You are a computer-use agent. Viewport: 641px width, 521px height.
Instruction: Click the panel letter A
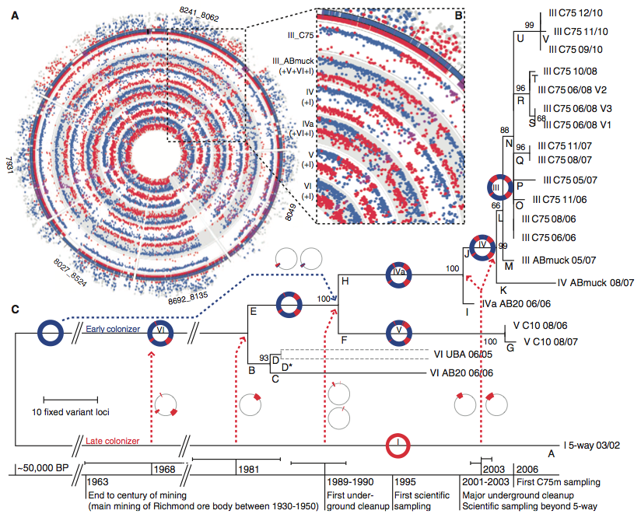click(15, 16)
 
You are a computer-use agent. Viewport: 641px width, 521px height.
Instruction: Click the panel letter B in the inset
click(459, 16)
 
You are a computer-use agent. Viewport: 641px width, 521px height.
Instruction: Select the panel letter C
click(15, 309)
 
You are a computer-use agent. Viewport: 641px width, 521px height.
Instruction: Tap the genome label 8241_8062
click(199, 14)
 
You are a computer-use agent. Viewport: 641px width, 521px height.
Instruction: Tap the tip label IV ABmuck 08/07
click(596, 282)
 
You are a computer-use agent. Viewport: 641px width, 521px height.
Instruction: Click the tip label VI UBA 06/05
click(463, 355)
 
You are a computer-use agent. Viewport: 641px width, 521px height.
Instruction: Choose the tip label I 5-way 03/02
click(591, 445)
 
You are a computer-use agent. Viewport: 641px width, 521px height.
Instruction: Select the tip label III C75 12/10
click(576, 13)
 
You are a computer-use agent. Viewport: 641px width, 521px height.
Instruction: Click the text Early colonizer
click(113, 329)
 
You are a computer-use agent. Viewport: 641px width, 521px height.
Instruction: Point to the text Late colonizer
click(113, 441)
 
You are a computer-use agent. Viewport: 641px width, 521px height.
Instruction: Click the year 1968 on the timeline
click(164, 469)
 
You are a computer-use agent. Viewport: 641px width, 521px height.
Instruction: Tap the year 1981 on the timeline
click(249, 469)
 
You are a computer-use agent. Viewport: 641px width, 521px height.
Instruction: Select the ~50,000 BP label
click(43, 468)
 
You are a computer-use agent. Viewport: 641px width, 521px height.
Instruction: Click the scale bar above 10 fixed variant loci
click(71, 399)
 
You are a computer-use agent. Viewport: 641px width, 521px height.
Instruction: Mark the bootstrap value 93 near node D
click(264, 358)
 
